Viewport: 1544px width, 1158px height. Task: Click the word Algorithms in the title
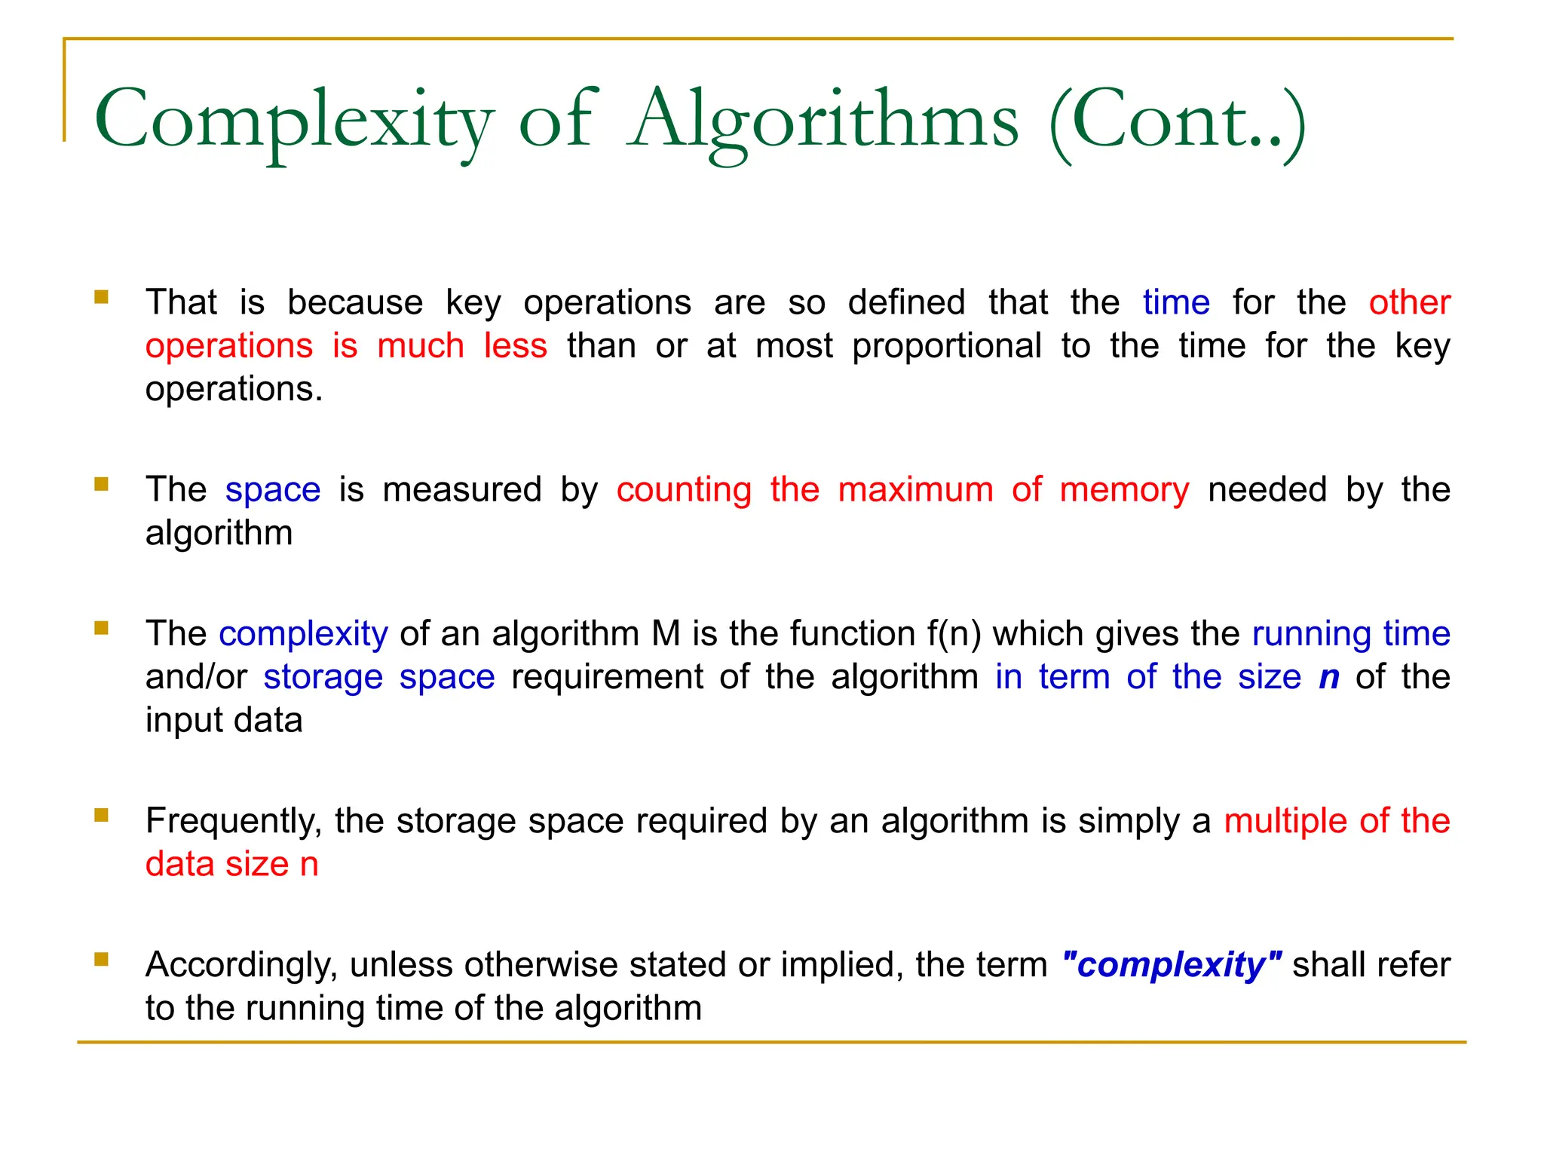(823, 121)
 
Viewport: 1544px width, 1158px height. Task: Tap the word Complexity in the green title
(294, 121)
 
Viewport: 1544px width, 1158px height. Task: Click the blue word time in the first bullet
(1176, 302)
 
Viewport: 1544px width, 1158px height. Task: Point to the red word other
(1409, 302)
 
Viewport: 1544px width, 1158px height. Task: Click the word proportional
(947, 346)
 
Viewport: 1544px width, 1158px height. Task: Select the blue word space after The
(273, 490)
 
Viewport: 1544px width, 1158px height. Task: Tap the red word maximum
(915, 490)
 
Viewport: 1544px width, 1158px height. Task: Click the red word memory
(1124, 490)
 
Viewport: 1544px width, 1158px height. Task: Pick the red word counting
(684, 490)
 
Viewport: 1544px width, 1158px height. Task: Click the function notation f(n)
(954, 633)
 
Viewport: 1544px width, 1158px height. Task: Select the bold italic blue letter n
(1329, 677)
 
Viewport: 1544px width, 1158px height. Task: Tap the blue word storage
(323, 677)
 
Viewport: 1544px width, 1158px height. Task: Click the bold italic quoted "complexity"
(1172, 965)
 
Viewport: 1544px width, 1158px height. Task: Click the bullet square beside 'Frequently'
(102, 815)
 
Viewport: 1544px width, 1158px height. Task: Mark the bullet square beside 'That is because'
(102, 296)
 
